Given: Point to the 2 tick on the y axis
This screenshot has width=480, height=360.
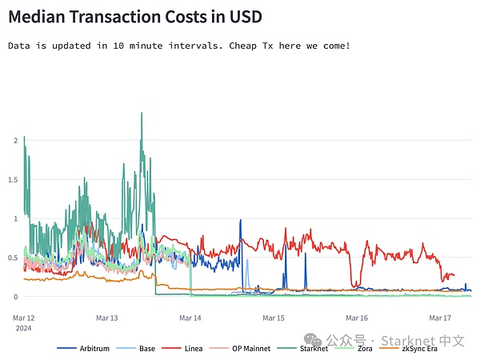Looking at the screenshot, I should click(14, 140).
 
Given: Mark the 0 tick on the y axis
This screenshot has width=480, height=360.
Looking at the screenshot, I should click(14, 297).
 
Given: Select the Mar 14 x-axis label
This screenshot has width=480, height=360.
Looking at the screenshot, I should click(190, 318).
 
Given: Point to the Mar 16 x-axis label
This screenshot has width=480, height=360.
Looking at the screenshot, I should click(357, 318).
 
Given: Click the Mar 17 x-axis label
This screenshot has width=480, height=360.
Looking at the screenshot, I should click(441, 318).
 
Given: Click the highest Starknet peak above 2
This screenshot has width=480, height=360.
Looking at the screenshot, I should click(142, 113).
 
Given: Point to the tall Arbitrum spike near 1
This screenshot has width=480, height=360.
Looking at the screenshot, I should click(240, 220).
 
